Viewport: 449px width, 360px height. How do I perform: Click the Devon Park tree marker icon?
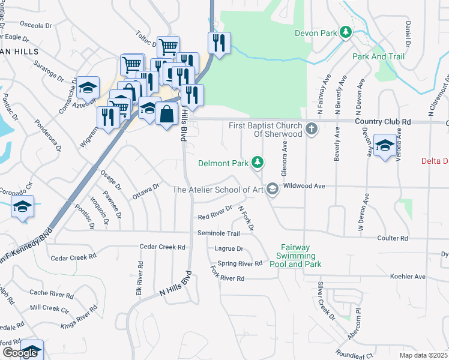coord(345,32)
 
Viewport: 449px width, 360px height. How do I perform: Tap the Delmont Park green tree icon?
coord(258,162)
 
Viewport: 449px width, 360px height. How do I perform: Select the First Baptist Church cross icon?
coord(311,128)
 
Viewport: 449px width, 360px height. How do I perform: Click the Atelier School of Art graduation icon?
coord(272,190)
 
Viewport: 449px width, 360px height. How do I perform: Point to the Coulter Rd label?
coord(393,238)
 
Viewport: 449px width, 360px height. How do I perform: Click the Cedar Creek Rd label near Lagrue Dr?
coord(162,247)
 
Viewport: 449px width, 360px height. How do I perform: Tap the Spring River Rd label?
coord(240,263)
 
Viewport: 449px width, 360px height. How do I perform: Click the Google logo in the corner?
coord(20,353)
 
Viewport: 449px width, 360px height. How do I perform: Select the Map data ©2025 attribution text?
coord(423,355)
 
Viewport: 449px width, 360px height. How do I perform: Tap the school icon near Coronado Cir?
coord(22,206)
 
